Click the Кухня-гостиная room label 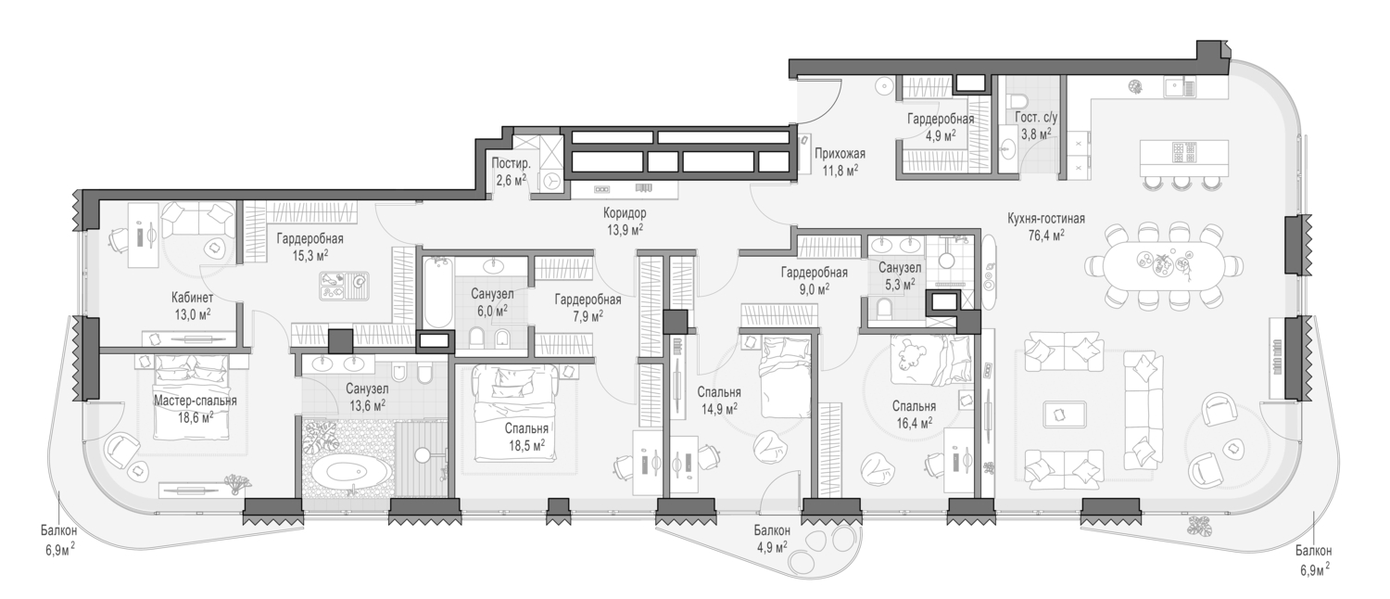(1046, 219)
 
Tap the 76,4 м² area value (1046, 235)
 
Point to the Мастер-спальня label (196, 401)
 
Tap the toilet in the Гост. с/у (1016, 102)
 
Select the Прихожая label (840, 153)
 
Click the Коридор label (625, 213)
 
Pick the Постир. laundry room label (512, 164)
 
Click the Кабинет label (193, 298)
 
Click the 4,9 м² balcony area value (772, 547)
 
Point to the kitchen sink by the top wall (1175, 88)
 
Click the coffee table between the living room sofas (1065, 414)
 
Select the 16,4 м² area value (914, 423)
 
